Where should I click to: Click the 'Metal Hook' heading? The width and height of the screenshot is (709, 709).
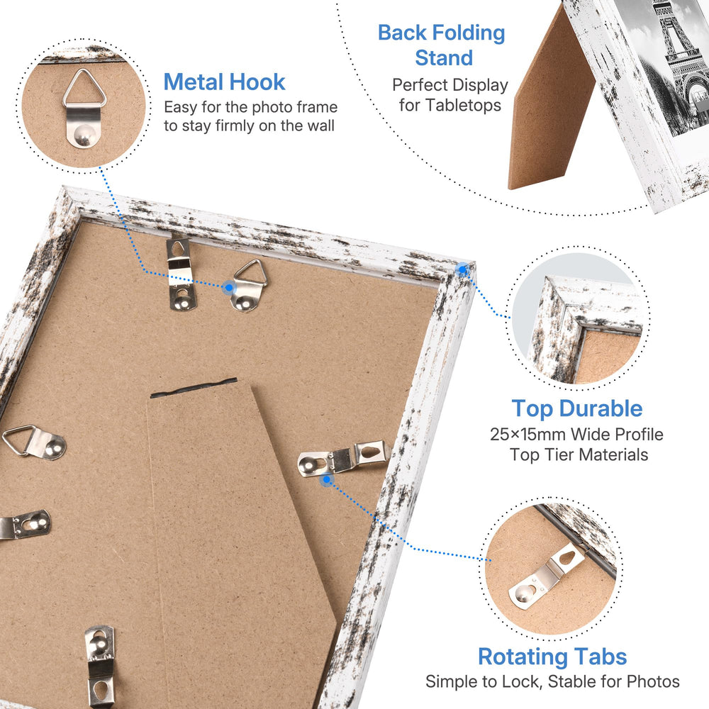pos(224,82)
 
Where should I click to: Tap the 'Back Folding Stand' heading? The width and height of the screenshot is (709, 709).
pos(441,45)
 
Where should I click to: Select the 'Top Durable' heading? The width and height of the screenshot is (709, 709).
pos(577,409)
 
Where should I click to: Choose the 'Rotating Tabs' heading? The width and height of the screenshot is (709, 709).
pos(552,657)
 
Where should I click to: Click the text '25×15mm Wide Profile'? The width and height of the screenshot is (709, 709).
pos(576,435)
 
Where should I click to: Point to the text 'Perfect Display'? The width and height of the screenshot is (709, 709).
pos(450,85)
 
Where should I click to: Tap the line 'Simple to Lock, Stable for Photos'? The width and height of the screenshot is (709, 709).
pos(552,681)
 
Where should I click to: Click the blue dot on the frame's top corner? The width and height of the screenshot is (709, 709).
pos(462,270)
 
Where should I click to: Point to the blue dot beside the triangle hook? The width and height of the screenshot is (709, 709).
pos(229,287)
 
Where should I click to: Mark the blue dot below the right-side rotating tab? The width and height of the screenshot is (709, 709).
pos(326,480)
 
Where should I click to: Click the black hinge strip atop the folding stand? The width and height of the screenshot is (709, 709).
pos(194,388)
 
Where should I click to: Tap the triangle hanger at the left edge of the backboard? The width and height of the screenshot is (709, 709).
pos(34,442)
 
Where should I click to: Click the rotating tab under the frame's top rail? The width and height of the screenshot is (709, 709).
pos(181,274)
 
